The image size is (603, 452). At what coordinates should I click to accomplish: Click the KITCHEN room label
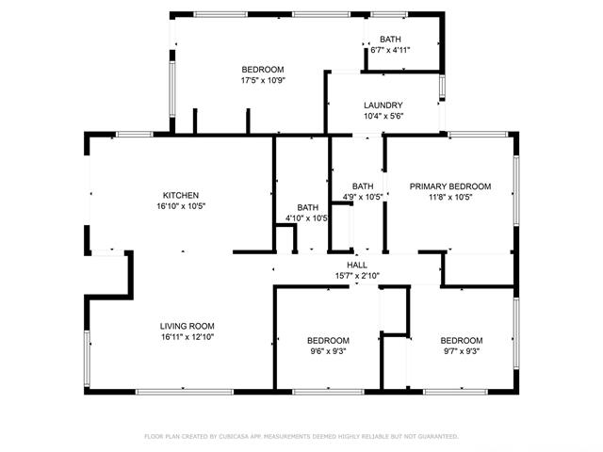[181, 195]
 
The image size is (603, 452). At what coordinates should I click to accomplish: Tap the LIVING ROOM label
[187, 326]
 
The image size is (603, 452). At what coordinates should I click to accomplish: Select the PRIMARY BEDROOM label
[450, 186]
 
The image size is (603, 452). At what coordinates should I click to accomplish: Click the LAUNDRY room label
[383, 105]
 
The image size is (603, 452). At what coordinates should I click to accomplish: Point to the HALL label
[357, 266]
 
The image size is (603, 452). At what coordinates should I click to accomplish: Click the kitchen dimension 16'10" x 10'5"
[181, 205]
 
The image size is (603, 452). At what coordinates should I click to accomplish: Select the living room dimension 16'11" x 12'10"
[187, 336]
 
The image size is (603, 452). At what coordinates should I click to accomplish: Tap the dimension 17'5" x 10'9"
[262, 80]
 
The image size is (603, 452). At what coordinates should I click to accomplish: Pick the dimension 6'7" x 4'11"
[390, 49]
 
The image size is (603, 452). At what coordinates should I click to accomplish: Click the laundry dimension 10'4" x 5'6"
[383, 116]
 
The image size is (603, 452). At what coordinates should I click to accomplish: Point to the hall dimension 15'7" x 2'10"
[357, 276]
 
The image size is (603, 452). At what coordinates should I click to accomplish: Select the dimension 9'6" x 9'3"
[329, 351]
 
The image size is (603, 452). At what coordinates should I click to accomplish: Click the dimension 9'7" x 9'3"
[462, 351]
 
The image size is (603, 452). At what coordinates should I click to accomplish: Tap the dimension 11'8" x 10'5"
[450, 197]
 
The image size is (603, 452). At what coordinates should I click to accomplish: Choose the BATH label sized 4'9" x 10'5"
[363, 186]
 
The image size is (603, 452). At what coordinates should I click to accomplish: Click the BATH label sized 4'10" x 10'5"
[308, 207]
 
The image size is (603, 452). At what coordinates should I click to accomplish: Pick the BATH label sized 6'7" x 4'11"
[390, 39]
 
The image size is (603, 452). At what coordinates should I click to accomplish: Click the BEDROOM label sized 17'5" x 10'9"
[262, 70]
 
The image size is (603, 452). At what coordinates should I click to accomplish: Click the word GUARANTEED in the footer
[435, 437]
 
